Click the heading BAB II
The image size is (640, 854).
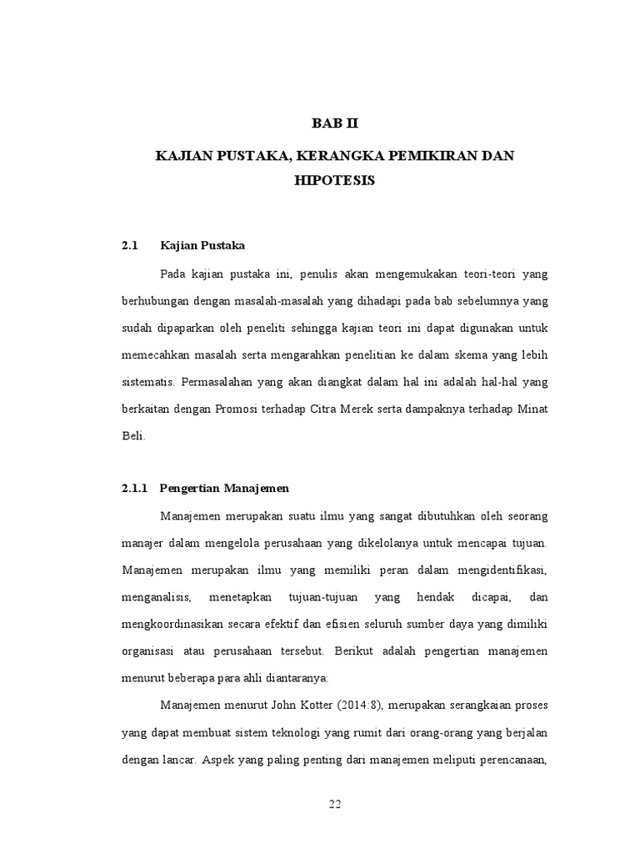[x=334, y=123]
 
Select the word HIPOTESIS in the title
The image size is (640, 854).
[x=334, y=179]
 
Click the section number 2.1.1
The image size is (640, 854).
[x=133, y=487]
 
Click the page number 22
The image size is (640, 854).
[x=334, y=804]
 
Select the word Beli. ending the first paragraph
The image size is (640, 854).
[x=133, y=435]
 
